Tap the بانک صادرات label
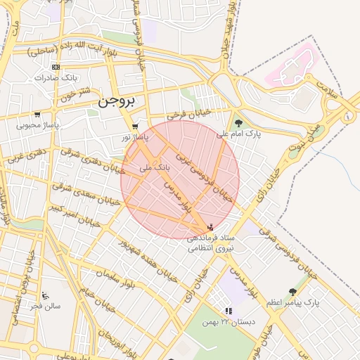pos(53,77)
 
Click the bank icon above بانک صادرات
pos(56,67)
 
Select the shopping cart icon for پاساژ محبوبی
pos(37,115)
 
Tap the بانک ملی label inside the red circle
pos(155,168)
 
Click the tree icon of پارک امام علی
pos(239,124)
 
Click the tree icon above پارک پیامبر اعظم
pos(292,292)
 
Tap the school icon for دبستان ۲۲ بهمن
pos(228,310)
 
